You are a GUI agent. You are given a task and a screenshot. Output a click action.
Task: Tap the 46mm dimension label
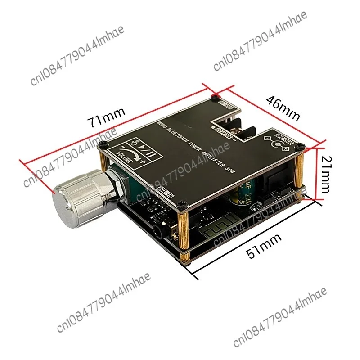[283, 108]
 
